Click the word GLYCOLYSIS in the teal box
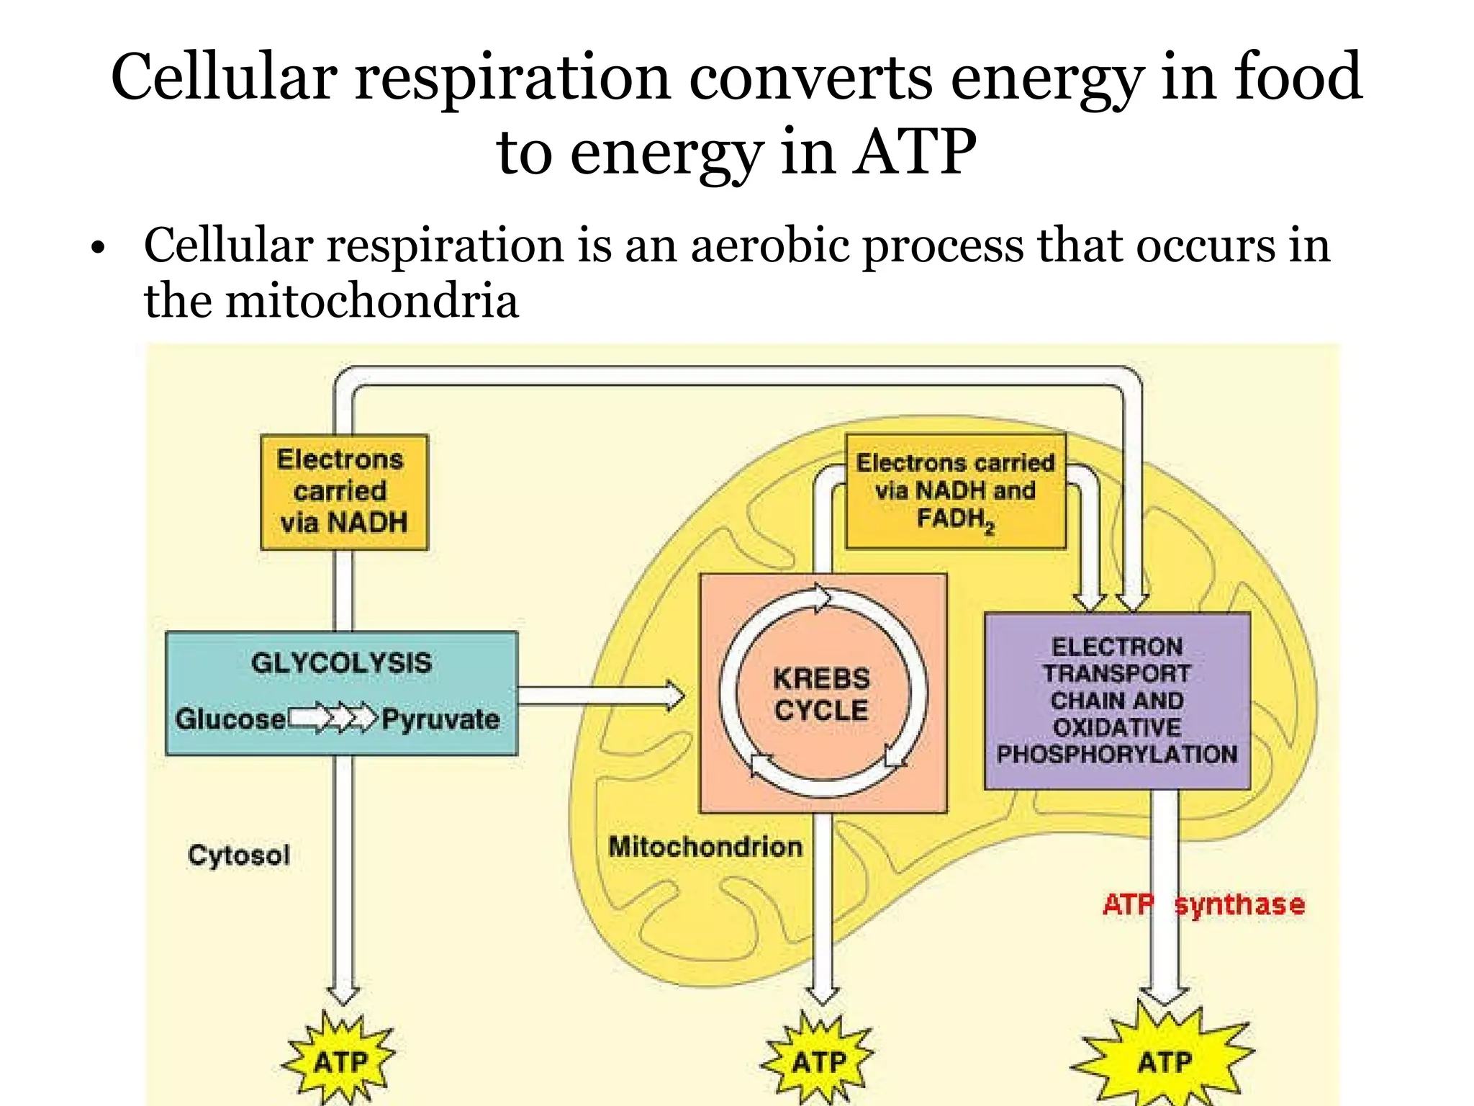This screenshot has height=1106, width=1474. (x=341, y=662)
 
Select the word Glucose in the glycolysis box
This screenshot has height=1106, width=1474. (x=230, y=719)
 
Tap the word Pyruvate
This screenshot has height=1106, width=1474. (x=440, y=719)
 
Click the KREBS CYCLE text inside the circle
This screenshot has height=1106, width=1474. (x=821, y=694)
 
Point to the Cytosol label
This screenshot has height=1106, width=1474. (x=238, y=855)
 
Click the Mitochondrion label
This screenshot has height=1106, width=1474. (x=705, y=846)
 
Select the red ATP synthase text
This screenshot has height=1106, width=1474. (x=1203, y=904)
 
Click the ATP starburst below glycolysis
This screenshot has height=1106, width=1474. (x=340, y=1061)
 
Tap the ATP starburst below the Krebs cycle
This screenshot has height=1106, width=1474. (x=819, y=1061)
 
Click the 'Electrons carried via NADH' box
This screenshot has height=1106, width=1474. (x=344, y=492)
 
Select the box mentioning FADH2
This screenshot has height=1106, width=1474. (x=955, y=492)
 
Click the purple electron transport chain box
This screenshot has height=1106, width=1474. (x=1116, y=700)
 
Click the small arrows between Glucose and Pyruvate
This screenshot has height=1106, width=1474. (x=333, y=718)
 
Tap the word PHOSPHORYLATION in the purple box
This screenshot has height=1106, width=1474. (x=1116, y=755)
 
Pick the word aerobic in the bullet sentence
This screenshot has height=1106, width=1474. (x=770, y=246)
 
